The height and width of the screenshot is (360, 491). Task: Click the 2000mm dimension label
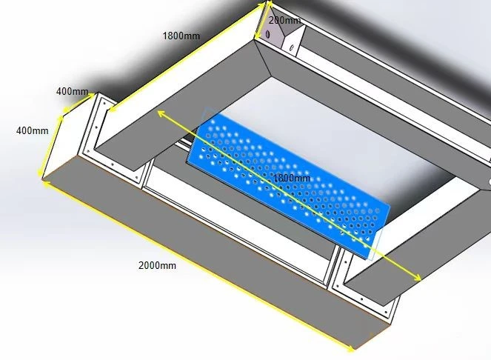click(157, 265)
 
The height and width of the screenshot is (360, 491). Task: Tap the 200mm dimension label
click(284, 20)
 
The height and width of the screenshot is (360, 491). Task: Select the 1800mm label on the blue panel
click(292, 179)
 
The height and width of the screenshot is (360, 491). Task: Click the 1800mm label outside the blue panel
click(181, 36)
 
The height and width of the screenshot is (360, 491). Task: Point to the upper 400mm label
click(72, 92)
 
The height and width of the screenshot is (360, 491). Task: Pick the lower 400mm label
click(33, 130)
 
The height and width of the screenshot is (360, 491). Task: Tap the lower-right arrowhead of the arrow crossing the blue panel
click(418, 278)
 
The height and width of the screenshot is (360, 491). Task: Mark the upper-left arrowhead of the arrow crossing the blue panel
click(161, 113)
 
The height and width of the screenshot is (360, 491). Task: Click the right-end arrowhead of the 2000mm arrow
click(351, 347)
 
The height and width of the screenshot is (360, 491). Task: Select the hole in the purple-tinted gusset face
click(268, 35)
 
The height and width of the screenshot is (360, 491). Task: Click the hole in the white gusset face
click(293, 47)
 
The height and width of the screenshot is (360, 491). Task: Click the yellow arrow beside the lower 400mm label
click(50, 146)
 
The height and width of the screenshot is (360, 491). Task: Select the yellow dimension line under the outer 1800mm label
click(187, 58)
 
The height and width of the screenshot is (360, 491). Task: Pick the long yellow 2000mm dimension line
click(197, 264)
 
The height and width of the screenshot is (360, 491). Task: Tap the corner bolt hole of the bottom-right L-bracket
click(337, 287)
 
